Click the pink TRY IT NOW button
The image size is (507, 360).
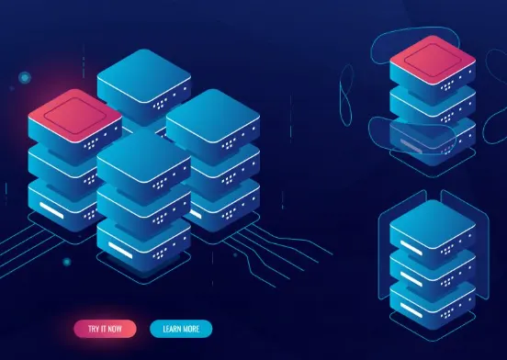pyautogui.click(x=105, y=329)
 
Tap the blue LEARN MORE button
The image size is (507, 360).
pyautogui.click(x=181, y=329)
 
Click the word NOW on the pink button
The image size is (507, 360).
pyautogui.click(x=115, y=329)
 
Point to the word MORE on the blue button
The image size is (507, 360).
pyautogui.click(x=192, y=329)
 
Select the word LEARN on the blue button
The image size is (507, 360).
pyautogui.click(x=173, y=329)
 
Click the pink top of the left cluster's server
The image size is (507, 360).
pyautogui.click(x=75, y=115)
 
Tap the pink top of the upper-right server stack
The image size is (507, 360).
pyautogui.click(x=433, y=60)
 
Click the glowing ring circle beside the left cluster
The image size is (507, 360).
pyautogui.click(x=25, y=77)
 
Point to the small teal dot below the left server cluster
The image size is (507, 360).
pyautogui.click(x=67, y=262)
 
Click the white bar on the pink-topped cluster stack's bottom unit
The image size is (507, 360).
pyautogui.click(x=51, y=210)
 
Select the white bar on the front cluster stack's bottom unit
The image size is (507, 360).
pyautogui.click(x=120, y=250)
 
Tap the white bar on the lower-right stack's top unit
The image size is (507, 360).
pyautogui.click(x=411, y=248)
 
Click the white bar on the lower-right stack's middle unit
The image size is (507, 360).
pyautogui.click(x=411, y=279)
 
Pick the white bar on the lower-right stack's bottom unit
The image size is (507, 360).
pyautogui.click(x=411, y=309)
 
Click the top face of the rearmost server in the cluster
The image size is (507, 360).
pyautogui.click(x=144, y=75)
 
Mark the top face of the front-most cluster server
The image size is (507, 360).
pyautogui.click(x=143, y=155)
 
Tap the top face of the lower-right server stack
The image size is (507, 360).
pyautogui.click(x=433, y=224)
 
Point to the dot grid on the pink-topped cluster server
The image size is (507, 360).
pyautogui.click(x=91, y=144)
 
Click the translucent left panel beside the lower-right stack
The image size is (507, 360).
pyautogui.click(x=402, y=244)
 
